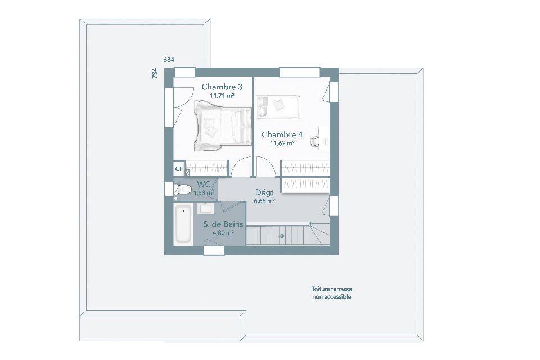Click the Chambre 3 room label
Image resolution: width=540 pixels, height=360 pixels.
pyautogui.click(x=222, y=87)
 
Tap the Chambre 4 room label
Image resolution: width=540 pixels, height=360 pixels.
pyautogui.click(x=282, y=134)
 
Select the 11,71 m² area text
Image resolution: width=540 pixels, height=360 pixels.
pyautogui.click(x=222, y=96)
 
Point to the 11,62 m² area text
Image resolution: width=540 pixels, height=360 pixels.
pyautogui.click(x=282, y=143)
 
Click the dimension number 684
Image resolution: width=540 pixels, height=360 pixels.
pyautogui.click(x=169, y=60)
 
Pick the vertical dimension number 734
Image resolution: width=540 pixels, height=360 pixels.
pyautogui.click(x=155, y=73)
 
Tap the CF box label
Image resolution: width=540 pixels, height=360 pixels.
pyautogui.click(x=179, y=169)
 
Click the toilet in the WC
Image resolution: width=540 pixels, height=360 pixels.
pyautogui.click(x=182, y=189)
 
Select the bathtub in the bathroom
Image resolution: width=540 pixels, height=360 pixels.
pyautogui.click(x=183, y=224)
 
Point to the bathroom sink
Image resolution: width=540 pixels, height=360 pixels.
pyautogui.click(x=206, y=209)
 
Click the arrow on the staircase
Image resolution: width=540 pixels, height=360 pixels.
pyautogui.click(x=281, y=236)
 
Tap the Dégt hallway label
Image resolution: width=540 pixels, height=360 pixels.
pyautogui.click(x=264, y=192)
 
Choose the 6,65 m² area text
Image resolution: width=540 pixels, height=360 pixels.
pyautogui.click(x=264, y=201)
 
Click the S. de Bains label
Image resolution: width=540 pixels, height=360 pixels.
pyautogui.click(x=223, y=224)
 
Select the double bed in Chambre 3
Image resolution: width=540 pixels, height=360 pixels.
pyautogui.click(x=223, y=126)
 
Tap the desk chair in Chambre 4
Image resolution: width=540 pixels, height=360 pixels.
pyautogui.click(x=316, y=141)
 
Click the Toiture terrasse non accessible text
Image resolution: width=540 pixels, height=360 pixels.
pyautogui.click(x=332, y=293)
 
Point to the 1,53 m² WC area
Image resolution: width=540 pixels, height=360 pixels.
pyautogui.click(x=204, y=193)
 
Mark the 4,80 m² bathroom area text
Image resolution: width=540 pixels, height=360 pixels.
pyautogui.click(x=223, y=232)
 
